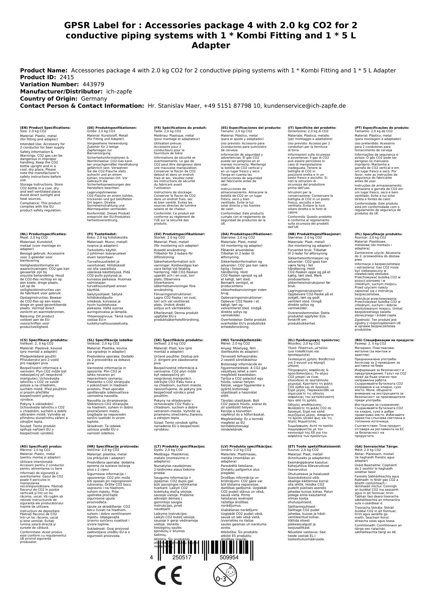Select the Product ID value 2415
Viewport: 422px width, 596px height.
[67, 77]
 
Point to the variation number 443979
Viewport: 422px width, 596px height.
[94, 85]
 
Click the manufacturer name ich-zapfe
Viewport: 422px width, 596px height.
[119, 92]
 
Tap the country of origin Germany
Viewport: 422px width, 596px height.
[94, 99]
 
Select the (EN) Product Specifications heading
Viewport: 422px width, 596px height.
[45, 128]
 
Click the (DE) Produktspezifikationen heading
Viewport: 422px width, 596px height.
[112, 128]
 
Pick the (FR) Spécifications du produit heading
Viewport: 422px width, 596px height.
[180, 128]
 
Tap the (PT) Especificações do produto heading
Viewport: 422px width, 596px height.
[382, 128]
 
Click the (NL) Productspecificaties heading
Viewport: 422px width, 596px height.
[43, 234]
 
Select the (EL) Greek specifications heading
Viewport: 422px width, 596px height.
[314, 340]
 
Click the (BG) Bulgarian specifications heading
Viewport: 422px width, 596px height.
[384, 340]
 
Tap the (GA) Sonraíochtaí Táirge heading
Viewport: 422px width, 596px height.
[376, 446]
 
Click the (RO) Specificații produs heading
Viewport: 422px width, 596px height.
[41, 446]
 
